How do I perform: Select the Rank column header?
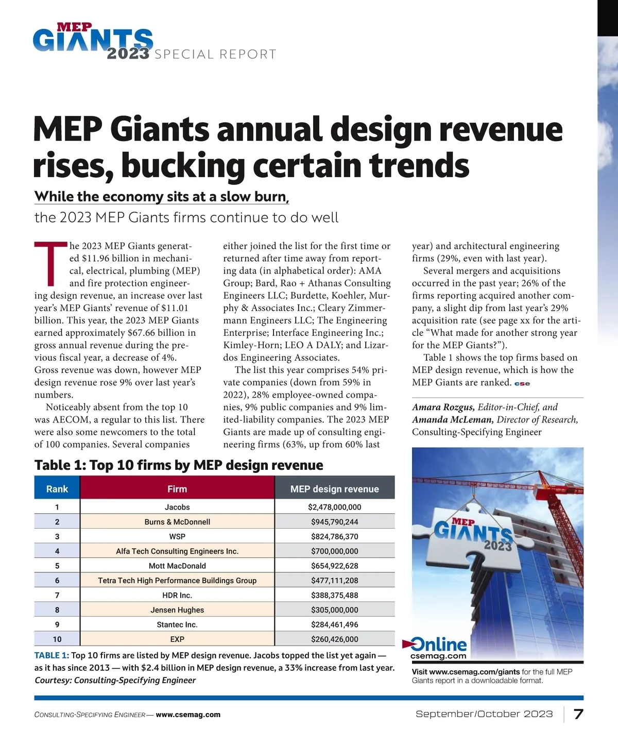pyautogui.click(x=57, y=489)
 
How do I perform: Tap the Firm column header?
pyautogui.click(x=177, y=489)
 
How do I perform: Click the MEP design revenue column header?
pyautogui.click(x=335, y=489)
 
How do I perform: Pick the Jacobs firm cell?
pyautogui.click(x=177, y=507)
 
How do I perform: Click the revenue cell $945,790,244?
pyautogui.click(x=335, y=522)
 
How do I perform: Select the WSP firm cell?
pyautogui.click(x=177, y=536)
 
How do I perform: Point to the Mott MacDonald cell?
pyautogui.click(x=177, y=566)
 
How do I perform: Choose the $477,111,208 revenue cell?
pyautogui.click(x=335, y=581)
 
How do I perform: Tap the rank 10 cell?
pyautogui.click(x=57, y=639)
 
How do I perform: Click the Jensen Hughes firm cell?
pyautogui.click(x=177, y=610)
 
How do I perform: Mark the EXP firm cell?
pyautogui.click(x=177, y=639)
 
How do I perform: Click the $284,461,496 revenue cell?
pyautogui.click(x=335, y=624)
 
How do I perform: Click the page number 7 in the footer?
pyautogui.click(x=578, y=714)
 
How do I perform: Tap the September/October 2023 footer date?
pyautogui.click(x=484, y=714)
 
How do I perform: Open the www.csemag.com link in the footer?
pyautogui.click(x=188, y=715)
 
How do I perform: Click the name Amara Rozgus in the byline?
pyautogui.click(x=443, y=407)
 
